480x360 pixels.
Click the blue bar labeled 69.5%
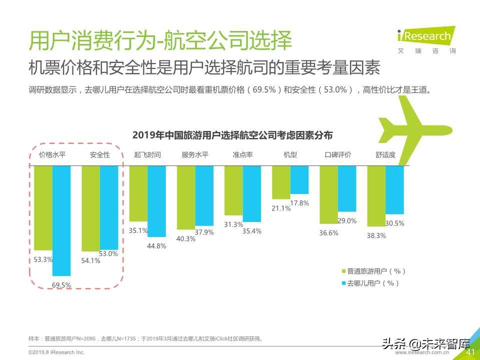tap(61, 220)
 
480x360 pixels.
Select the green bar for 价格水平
tap(43, 207)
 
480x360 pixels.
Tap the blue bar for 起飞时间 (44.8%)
tap(156, 201)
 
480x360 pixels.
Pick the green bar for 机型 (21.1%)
tap(281, 182)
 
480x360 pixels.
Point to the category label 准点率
tap(242, 155)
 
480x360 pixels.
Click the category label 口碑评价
tap(338, 155)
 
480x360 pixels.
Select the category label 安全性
tap(100, 155)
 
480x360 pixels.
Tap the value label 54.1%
tap(90, 260)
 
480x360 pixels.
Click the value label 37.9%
tap(204, 232)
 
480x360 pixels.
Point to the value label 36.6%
tap(328, 232)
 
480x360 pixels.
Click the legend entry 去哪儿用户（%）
tap(370, 283)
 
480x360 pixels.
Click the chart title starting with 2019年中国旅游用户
tap(232, 135)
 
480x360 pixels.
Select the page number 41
tap(470, 352)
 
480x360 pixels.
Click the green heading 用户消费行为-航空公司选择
tap(160, 40)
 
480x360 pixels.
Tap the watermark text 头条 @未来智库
tap(425, 344)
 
